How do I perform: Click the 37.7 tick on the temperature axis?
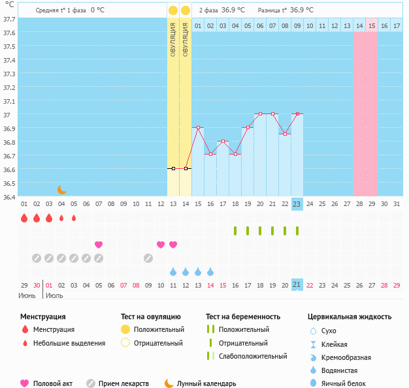pos(10,19)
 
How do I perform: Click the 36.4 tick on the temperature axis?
pos(10,196)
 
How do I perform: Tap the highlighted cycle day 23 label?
pos(297,204)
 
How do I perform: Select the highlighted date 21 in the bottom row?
pos(297,285)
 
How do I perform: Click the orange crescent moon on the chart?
pos(61,189)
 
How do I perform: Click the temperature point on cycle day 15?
pos(198,128)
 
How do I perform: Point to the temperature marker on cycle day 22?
pos(285,134)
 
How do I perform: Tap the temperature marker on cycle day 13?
pos(173,168)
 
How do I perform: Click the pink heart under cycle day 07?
pos(99,245)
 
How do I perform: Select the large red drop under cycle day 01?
pos(24,218)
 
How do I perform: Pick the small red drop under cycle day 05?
pos(74,218)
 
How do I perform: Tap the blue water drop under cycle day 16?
pos(210,271)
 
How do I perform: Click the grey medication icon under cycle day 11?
pos(148,258)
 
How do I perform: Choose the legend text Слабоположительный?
pos(253,356)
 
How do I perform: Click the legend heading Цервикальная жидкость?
pos(350,316)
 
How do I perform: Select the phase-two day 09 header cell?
pos(297,25)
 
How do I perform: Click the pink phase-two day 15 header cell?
pos(372,25)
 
